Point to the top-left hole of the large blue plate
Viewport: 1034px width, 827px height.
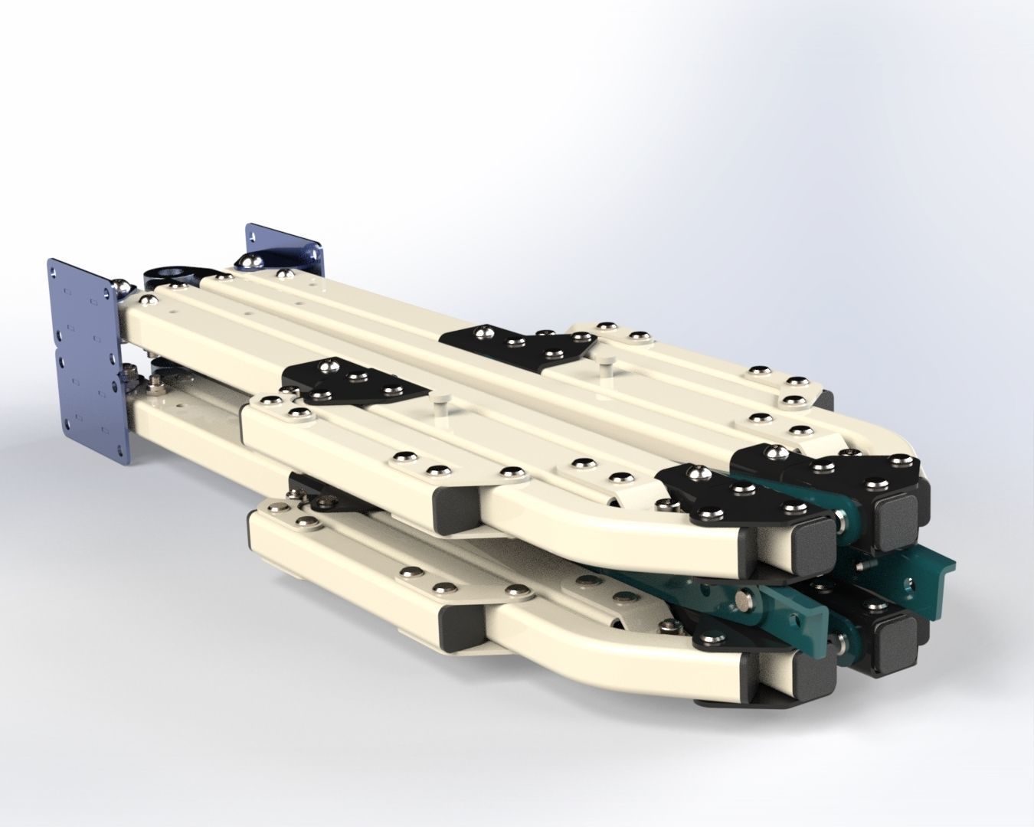[53, 269]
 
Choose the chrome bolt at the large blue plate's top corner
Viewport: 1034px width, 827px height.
[122, 287]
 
